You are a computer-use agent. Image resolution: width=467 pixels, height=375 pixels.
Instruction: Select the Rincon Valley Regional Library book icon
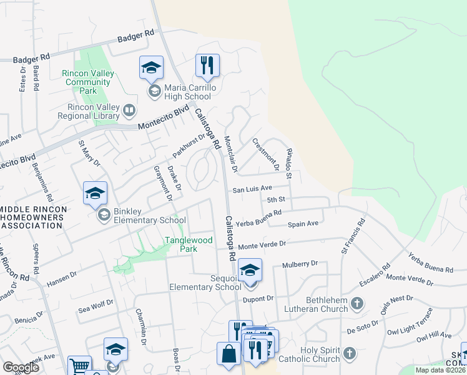129,111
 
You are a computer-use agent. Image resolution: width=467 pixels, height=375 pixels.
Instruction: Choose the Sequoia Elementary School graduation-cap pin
250,270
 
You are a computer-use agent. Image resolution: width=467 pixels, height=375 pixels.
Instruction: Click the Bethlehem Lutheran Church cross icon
356,304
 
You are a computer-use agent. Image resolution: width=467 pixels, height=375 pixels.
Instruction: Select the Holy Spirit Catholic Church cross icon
350,353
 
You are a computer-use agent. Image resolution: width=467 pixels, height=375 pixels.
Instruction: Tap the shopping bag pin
229,354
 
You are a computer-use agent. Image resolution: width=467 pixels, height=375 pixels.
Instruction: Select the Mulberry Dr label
300,264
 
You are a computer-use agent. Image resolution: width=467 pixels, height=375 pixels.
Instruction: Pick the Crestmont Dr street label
265,154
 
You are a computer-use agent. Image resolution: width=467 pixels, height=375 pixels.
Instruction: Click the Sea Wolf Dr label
96,303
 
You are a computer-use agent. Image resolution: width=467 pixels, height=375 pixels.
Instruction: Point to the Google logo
21,367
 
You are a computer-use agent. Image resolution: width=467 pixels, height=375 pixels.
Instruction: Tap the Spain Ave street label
303,223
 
